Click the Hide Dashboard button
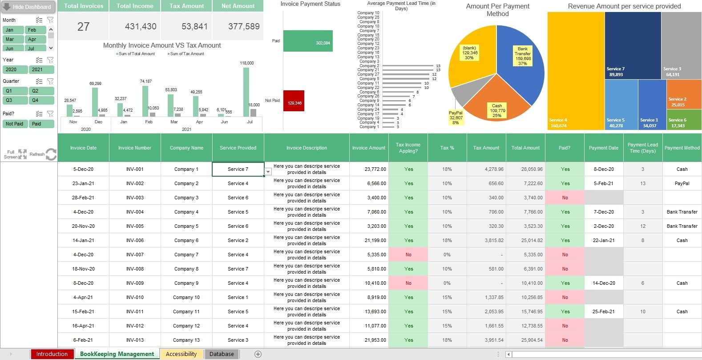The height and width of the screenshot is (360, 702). (28, 7)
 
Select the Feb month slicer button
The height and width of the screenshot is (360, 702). (36, 30)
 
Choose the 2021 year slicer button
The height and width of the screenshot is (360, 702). (41, 69)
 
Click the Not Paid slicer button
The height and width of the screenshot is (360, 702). (15, 124)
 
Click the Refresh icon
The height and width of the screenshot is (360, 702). (51, 154)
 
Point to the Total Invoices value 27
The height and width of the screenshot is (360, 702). (83, 27)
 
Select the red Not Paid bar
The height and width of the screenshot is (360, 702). (294, 101)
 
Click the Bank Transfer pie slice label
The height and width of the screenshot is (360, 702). (523, 56)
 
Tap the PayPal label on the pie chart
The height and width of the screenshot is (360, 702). (456, 117)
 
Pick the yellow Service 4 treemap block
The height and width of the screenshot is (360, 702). (576, 71)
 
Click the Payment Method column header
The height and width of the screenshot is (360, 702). (682, 148)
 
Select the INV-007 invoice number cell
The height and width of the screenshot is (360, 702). (135, 255)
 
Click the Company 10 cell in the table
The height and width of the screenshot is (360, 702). (186, 297)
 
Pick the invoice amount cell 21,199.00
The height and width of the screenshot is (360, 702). (369, 240)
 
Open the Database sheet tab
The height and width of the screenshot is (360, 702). (222, 354)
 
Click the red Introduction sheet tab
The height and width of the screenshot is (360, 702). (52, 354)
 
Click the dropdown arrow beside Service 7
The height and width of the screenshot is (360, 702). (268, 171)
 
